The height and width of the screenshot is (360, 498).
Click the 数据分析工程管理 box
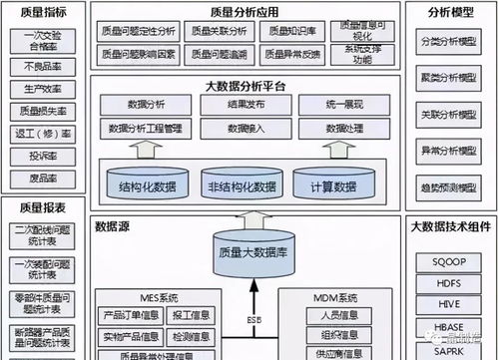click(x=145, y=129)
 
